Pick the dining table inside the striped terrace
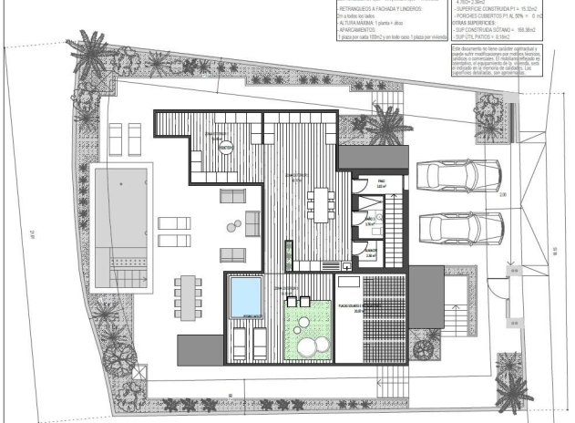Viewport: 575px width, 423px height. [x=319, y=202]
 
